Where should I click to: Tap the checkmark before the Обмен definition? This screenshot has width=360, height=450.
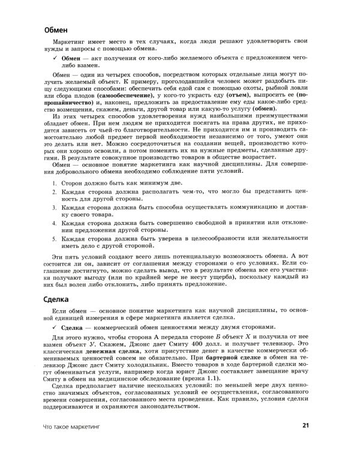[x=56, y=58]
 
